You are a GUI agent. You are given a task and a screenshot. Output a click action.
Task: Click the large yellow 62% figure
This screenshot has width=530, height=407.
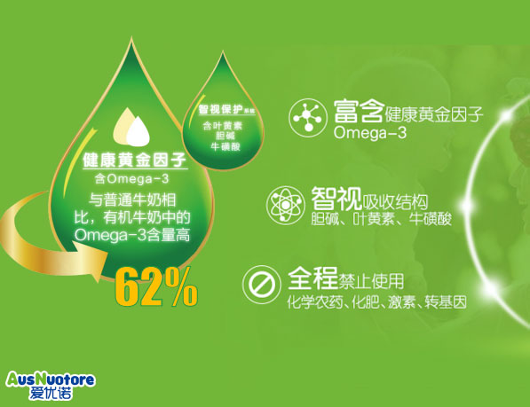click(x=156, y=285)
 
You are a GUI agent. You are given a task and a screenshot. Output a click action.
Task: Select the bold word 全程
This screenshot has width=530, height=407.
click(x=312, y=281)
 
